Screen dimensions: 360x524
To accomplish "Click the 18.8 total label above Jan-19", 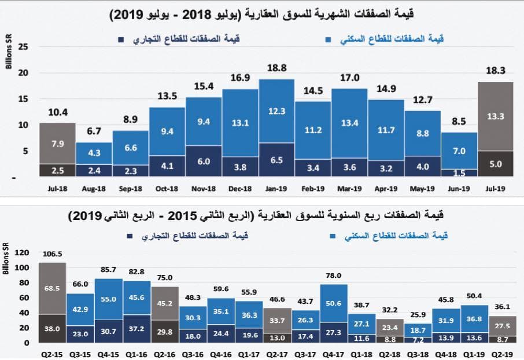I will (276, 68).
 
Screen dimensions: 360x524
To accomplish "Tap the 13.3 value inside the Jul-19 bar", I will (496, 116).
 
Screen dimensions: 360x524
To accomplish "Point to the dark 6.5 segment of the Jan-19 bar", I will (276, 160).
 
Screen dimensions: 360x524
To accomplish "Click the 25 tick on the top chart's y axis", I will (24, 47).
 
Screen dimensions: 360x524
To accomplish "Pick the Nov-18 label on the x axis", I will (203, 189).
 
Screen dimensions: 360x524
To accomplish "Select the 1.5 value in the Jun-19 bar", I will (459, 173).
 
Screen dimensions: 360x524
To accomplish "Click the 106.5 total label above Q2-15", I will (52, 254).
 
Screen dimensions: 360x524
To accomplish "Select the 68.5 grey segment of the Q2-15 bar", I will (52, 288).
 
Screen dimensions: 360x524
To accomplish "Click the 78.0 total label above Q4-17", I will (334, 276).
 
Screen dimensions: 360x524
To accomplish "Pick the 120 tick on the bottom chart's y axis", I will (21, 253).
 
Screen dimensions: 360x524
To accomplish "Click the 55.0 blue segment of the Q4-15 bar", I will (109, 299).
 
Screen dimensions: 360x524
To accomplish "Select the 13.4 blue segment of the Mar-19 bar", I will (349, 123).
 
